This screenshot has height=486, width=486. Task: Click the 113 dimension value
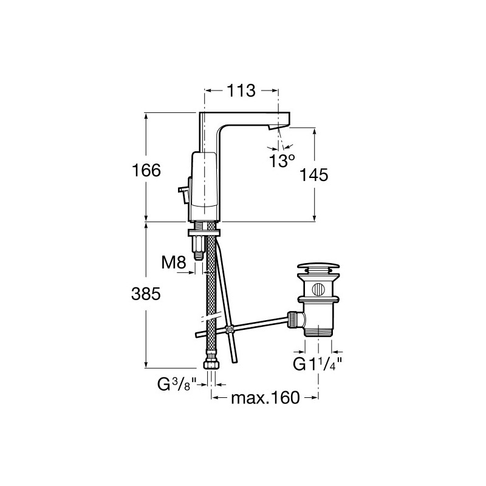(x=241, y=91)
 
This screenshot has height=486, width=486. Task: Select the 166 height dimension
(x=146, y=170)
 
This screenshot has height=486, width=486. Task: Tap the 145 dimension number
(x=313, y=175)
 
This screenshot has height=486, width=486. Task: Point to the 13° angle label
(x=282, y=161)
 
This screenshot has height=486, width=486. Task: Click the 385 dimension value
(x=146, y=294)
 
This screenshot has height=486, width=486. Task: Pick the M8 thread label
(x=174, y=263)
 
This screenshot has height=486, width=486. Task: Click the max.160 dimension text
(x=265, y=398)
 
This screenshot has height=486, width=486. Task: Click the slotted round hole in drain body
(x=318, y=290)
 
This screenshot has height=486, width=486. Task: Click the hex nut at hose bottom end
(x=211, y=364)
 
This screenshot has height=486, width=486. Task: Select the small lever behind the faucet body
(x=183, y=193)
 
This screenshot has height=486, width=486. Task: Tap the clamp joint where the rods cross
(x=230, y=329)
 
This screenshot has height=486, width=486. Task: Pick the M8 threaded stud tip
(x=199, y=255)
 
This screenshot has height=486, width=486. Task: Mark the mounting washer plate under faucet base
(x=204, y=233)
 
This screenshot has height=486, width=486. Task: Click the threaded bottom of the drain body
(x=318, y=332)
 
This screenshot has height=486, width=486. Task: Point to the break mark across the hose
(x=211, y=317)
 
